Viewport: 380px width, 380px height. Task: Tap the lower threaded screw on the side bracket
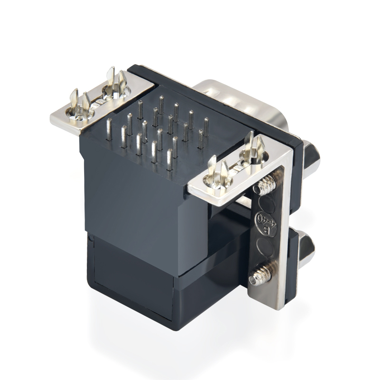(260, 275)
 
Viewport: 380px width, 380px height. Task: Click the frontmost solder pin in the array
(170, 161)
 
